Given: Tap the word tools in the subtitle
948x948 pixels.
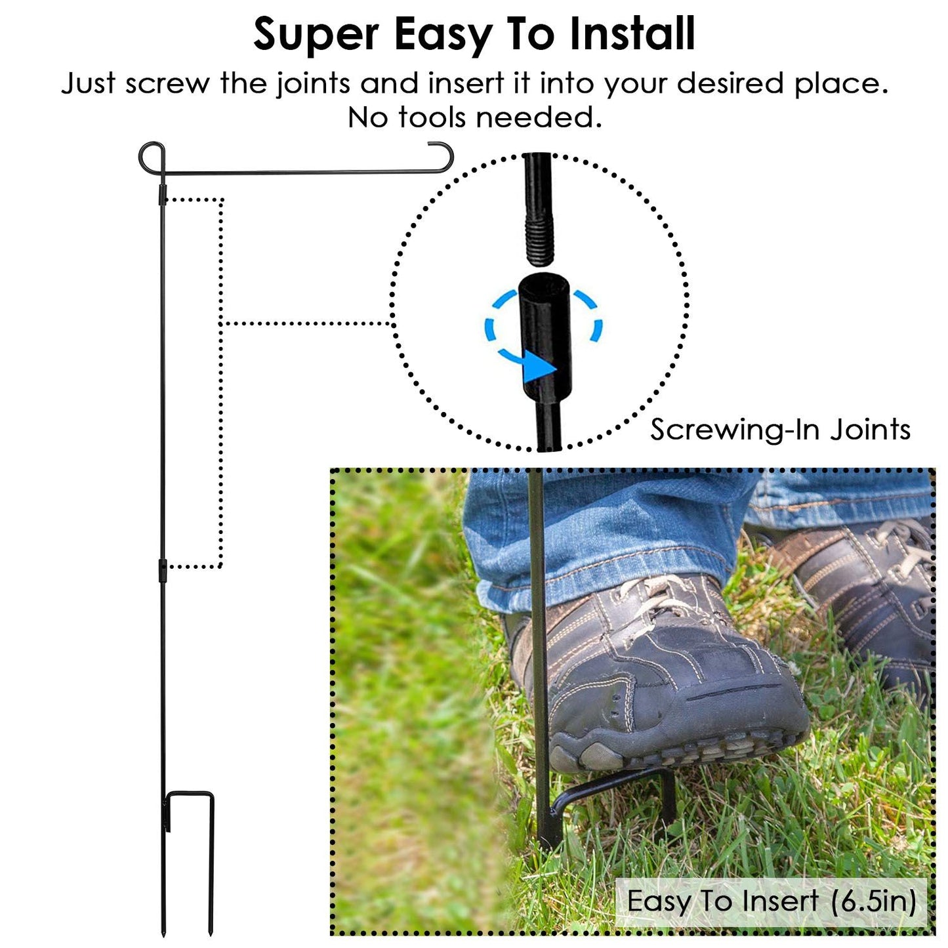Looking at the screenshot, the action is tap(432, 117).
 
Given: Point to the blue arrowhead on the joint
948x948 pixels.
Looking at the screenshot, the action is tap(539, 368).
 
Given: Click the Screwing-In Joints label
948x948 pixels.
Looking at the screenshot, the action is tap(780, 430).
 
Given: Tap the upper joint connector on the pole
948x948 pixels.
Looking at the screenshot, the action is tap(162, 194).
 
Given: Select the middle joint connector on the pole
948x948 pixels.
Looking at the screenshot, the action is tap(162, 571).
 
